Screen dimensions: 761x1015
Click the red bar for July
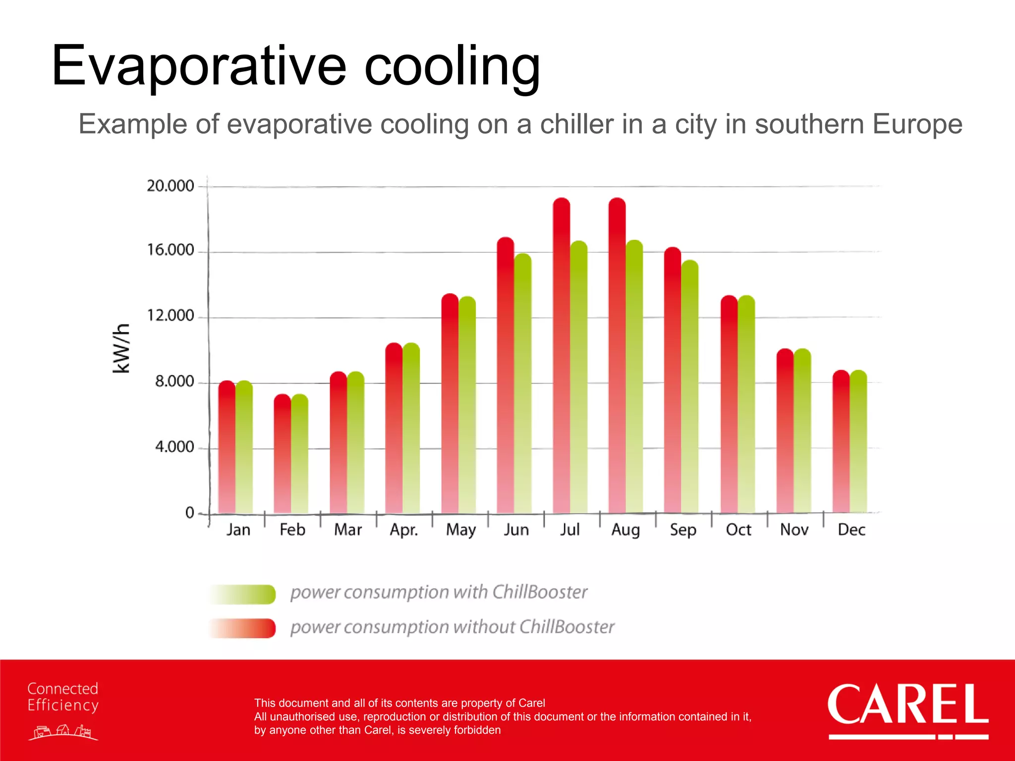(x=562, y=357)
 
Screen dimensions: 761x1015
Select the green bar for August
(x=634, y=377)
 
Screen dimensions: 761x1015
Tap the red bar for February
(x=282, y=453)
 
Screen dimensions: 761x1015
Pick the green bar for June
(x=523, y=384)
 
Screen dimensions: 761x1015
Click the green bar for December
(x=858, y=441)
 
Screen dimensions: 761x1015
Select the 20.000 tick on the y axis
(x=170, y=186)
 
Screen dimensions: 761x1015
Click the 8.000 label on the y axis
(x=174, y=381)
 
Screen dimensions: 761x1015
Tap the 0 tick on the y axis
(x=190, y=513)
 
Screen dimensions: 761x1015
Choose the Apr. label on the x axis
(x=404, y=530)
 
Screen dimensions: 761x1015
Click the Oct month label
(x=738, y=530)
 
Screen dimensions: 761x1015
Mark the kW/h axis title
(x=121, y=348)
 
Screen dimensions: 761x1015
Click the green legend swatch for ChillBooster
(x=242, y=594)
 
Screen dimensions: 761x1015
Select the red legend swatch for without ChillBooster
(x=242, y=628)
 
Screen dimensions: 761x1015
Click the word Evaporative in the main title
(x=198, y=66)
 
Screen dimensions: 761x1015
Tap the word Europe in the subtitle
(x=917, y=124)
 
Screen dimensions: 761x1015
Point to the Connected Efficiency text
(x=63, y=697)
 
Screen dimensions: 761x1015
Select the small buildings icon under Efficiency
(x=63, y=732)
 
